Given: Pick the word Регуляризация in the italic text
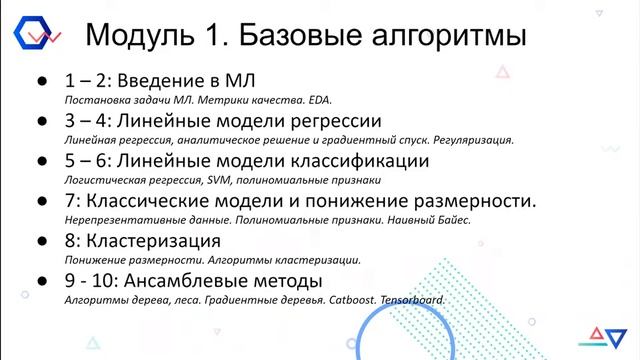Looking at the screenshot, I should pos(470,140).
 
